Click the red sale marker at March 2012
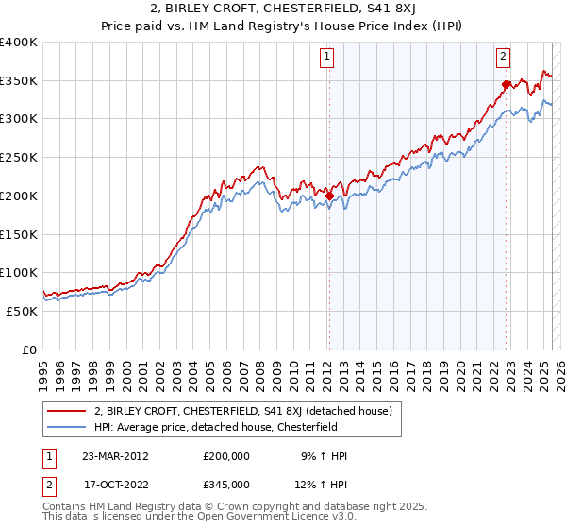tap(329, 196)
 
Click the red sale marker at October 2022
tap(506, 84)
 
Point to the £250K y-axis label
tap(19, 158)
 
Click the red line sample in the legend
tap(67, 411)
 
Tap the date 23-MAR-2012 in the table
tap(115, 455)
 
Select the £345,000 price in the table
tap(226, 484)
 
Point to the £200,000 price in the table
tap(226, 455)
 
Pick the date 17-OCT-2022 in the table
tap(115, 484)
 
